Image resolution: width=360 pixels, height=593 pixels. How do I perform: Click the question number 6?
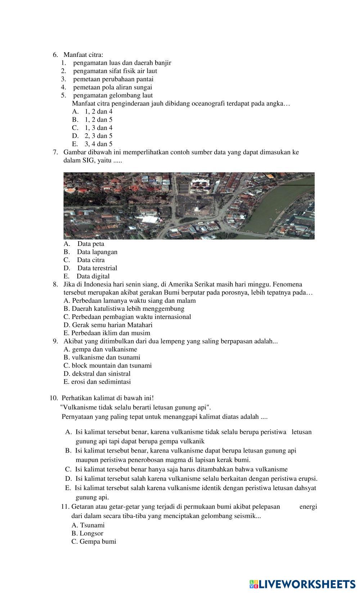[55, 55]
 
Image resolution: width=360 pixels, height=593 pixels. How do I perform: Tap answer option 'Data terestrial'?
[97, 268]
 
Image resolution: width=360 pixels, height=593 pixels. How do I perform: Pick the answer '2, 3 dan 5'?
[98, 136]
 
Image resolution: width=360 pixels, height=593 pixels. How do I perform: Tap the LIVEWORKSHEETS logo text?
[306, 584]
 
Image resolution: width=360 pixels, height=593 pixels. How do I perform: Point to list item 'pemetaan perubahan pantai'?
[113, 79]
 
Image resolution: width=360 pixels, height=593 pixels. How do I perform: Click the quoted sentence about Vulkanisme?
[136, 408]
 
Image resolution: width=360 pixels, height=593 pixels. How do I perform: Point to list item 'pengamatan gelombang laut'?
[113, 95]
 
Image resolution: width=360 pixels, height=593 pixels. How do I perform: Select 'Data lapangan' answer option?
[97, 252]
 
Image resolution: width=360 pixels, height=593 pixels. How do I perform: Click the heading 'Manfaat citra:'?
[83, 55]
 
